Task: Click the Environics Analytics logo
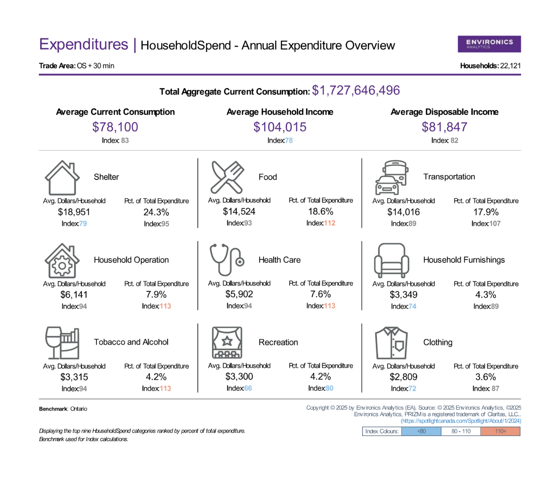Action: [x=489, y=44]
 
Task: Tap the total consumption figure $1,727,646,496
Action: [x=356, y=90]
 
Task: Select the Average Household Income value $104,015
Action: [x=280, y=127]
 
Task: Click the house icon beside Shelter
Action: [x=62, y=178]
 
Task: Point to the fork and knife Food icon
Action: [x=227, y=177]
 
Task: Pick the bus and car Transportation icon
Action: [x=392, y=177]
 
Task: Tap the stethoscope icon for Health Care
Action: [x=227, y=260]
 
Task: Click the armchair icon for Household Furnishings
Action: [x=391, y=260]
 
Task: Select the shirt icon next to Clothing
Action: [x=391, y=343]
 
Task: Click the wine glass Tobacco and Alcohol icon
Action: [x=62, y=343]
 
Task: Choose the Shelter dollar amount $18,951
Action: [x=74, y=212]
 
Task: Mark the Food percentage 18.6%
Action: [x=321, y=211]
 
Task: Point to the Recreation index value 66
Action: [x=248, y=388]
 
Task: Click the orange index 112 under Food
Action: [x=330, y=223]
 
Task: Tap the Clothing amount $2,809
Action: [x=403, y=377]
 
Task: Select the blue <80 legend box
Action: [x=421, y=431]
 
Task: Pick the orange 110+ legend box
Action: [x=500, y=431]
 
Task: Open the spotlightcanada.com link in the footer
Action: [x=461, y=421]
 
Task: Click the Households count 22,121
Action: [x=510, y=66]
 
